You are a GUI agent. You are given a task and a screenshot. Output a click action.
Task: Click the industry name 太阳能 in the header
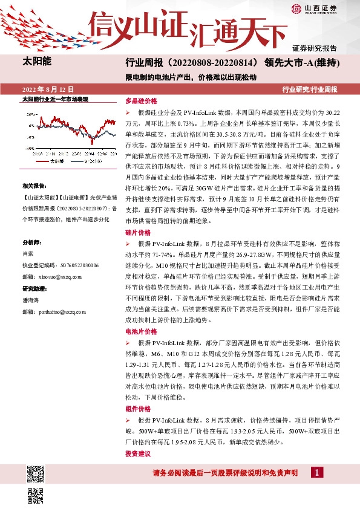coord(37,62)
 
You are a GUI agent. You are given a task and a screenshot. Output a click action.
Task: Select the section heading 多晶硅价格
coord(141,102)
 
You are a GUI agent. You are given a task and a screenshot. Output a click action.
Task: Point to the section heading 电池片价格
coord(141,332)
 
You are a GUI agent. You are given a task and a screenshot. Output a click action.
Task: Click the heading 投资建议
coord(137,453)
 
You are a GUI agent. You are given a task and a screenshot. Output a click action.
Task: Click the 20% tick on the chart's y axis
coord(29,112)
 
